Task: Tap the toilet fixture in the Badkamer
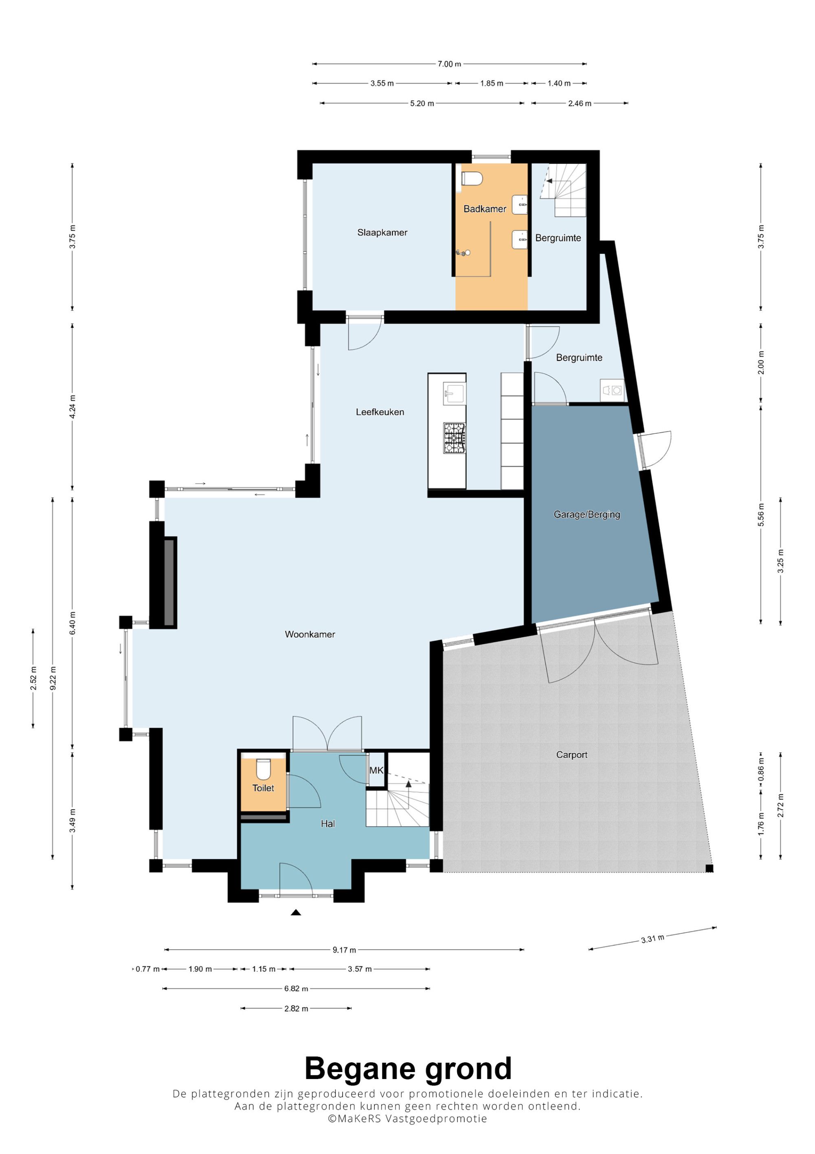click(472, 179)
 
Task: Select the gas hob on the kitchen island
click(454, 438)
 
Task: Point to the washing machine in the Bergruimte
click(612, 390)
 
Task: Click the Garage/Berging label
click(586, 514)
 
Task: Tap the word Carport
click(571, 754)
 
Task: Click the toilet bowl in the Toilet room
click(263, 769)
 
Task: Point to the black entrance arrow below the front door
click(296, 912)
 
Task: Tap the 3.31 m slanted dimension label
click(652, 938)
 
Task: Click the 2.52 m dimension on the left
click(33, 678)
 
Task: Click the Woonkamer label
click(310, 634)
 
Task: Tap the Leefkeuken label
click(380, 412)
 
